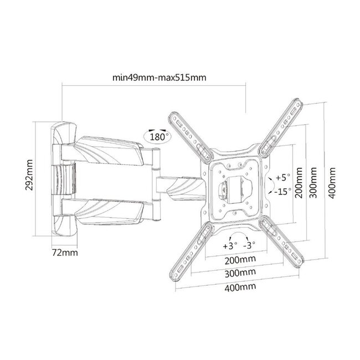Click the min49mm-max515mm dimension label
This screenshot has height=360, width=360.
[159, 78]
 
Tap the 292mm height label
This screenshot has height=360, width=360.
[29, 175]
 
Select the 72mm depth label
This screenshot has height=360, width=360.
[65, 253]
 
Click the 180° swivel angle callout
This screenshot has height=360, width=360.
[157, 137]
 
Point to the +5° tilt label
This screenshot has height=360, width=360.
[283, 177]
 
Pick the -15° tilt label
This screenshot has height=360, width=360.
[283, 191]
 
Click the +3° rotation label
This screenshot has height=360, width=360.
[230, 246]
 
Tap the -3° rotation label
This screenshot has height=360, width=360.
[249, 245]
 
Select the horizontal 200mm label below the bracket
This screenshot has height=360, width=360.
[240, 260]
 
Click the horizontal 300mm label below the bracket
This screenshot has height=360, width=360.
[240, 273]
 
